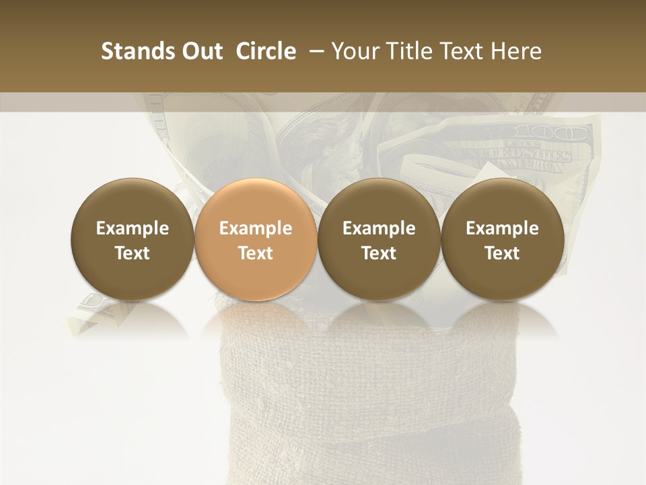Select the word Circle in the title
(x=266, y=51)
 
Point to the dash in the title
(x=314, y=51)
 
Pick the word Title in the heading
(x=408, y=51)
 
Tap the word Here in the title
(x=517, y=51)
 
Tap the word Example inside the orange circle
(x=256, y=228)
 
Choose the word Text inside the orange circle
(x=256, y=253)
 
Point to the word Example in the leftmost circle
(x=132, y=228)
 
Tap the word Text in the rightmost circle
(x=502, y=253)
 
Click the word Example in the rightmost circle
(x=502, y=228)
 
